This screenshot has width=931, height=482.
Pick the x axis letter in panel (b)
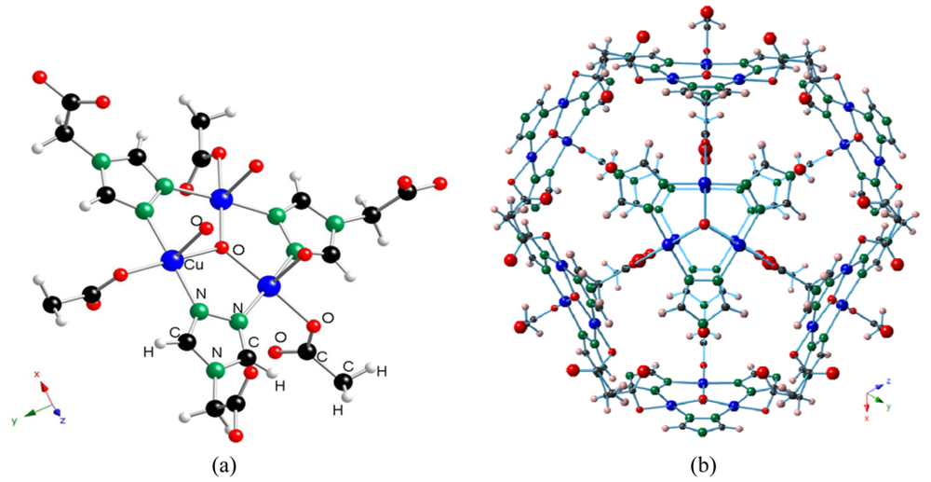click(867, 419)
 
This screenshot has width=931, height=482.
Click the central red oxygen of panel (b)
click(705, 225)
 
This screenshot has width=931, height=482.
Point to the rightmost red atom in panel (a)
click(440, 183)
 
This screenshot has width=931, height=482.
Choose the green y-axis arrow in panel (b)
click(882, 403)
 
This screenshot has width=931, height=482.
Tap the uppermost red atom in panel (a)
click(39, 76)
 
